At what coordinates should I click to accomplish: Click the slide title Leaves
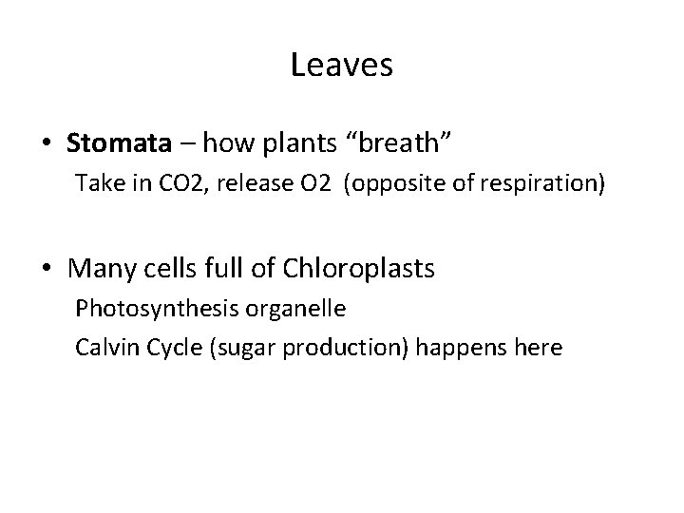[x=342, y=66]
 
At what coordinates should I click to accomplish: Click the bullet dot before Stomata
[x=47, y=144]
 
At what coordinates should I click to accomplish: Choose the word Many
[x=98, y=270]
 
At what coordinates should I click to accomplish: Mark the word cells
[x=163, y=270]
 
